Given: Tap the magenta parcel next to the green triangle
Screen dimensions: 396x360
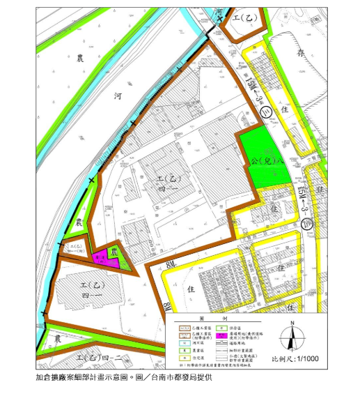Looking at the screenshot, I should point(100,257).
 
